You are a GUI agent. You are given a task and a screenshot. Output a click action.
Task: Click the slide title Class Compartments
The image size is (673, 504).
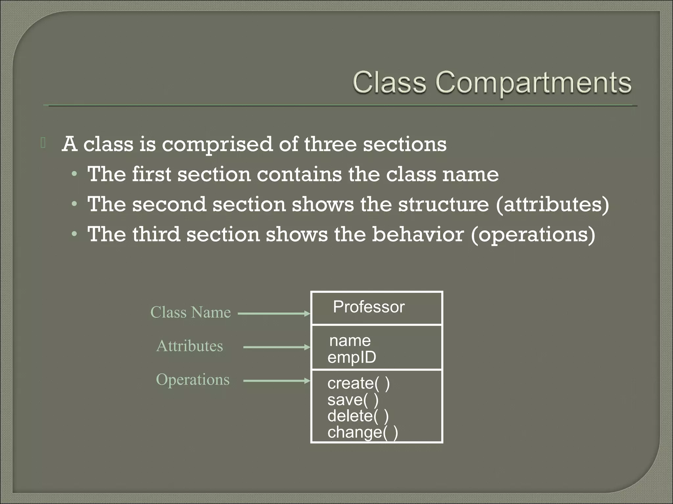[x=492, y=83]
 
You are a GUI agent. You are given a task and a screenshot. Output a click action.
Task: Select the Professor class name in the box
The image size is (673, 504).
[x=369, y=307]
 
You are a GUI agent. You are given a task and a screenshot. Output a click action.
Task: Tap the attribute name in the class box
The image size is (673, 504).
[x=350, y=341]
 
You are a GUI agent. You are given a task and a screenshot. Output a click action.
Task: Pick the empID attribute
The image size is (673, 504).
[x=352, y=357]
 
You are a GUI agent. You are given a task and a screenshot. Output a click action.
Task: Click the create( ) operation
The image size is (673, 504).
[x=359, y=383]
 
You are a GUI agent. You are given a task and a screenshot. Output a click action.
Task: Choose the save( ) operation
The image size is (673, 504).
[x=353, y=400]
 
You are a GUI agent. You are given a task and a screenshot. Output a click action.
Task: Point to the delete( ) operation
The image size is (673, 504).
[x=358, y=416]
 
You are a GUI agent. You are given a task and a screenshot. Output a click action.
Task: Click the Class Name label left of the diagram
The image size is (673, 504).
[x=191, y=312]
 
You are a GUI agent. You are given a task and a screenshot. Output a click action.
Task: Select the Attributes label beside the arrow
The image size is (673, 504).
[x=190, y=346]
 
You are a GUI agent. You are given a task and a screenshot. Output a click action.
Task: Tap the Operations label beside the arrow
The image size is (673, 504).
[x=193, y=380]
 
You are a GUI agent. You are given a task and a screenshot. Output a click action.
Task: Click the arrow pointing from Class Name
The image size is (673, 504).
[x=274, y=314]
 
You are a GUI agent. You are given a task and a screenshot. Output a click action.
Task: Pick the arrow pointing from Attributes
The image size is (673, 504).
[x=276, y=347]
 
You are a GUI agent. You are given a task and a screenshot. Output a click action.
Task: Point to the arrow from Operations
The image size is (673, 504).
[x=276, y=381]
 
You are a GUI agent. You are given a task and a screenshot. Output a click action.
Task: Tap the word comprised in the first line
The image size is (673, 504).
[x=217, y=144]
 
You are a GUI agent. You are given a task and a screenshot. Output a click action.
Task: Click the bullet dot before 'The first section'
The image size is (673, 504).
[x=75, y=175]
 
